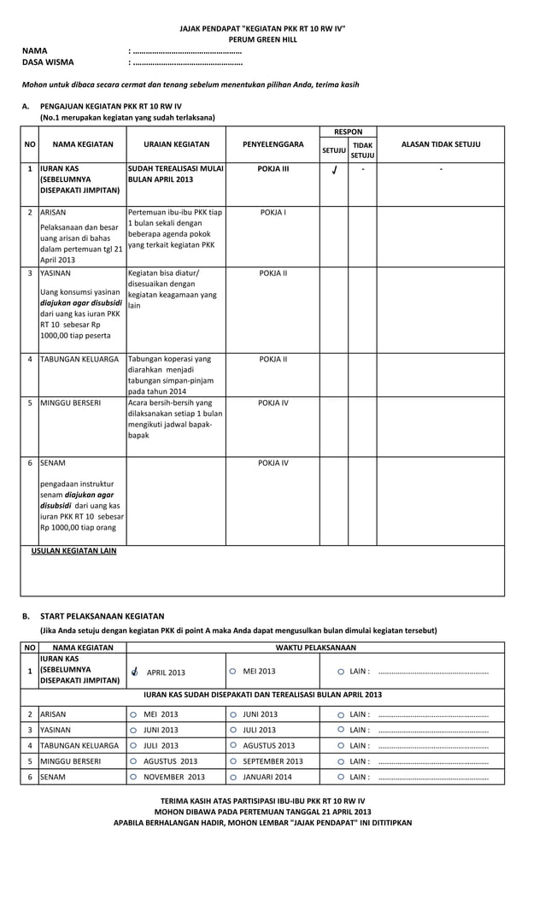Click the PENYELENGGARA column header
click(x=272, y=144)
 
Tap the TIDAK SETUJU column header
click(x=362, y=150)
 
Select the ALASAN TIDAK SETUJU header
click(x=441, y=144)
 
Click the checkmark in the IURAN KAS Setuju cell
click(x=334, y=170)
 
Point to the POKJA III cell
click(x=272, y=169)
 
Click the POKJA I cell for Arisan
click(x=272, y=211)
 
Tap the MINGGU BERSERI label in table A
click(x=71, y=402)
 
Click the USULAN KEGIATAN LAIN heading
click(x=73, y=551)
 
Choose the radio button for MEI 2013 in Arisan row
click(x=133, y=714)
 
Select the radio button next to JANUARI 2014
click(x=233, y=777)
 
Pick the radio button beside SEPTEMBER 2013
click(x=233, y=761)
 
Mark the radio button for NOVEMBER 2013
click(x=133, y=777)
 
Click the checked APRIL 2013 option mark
click(x=134, y=672)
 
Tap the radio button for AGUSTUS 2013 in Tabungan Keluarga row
click(x=233, y=746)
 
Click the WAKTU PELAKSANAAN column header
click(x=315, y=648)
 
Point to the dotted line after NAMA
click(x=185, y=51)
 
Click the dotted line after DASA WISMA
click(x=185, y=62)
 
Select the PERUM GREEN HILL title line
click(x=262, y=39)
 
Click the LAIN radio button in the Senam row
click(x=341, y=777)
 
